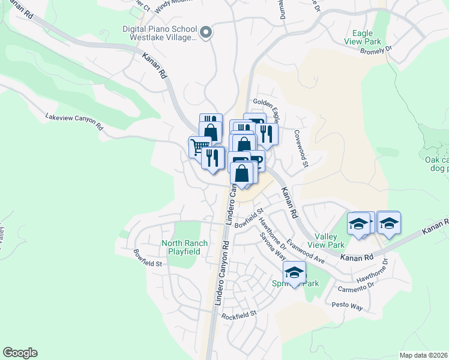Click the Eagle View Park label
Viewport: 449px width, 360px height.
point(363,37)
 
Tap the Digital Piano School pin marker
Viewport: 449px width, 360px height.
point(206,33)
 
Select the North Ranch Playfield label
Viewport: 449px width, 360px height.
point(184,247)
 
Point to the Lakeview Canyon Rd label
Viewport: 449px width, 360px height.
point(74,122)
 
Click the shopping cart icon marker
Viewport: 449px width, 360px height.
point(199,146)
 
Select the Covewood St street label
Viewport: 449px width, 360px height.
point(301,148)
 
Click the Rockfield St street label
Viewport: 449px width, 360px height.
point(239,314)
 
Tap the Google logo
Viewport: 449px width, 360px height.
point(20,353)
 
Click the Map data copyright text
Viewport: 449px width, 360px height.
point(423,355)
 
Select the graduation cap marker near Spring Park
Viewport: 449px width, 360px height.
point(294,272)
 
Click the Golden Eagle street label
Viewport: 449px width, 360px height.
point(267,103)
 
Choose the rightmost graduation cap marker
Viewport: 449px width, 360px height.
point(389,224)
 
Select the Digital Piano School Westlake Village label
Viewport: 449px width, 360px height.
point(160,33)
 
